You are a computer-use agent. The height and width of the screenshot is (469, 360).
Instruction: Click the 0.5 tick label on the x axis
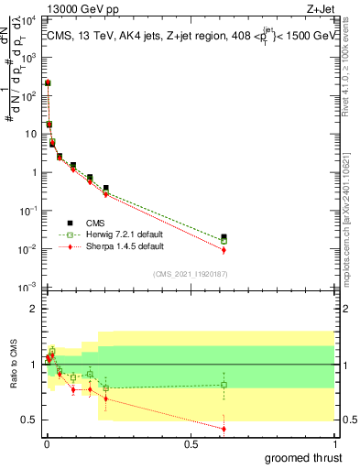[191, 444]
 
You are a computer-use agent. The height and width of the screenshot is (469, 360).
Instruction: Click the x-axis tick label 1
[336, 444]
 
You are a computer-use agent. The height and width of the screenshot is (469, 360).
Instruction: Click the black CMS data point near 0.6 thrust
[224, 237]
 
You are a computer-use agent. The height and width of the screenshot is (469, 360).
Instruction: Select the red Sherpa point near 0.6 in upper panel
[224, 250]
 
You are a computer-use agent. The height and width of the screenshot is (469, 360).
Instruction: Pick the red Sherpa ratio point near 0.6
[224, 429]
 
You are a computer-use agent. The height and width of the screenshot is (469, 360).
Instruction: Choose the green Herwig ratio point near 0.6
[224, 385]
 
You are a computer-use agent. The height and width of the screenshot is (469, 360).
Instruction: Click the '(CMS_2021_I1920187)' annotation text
[191, 273]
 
